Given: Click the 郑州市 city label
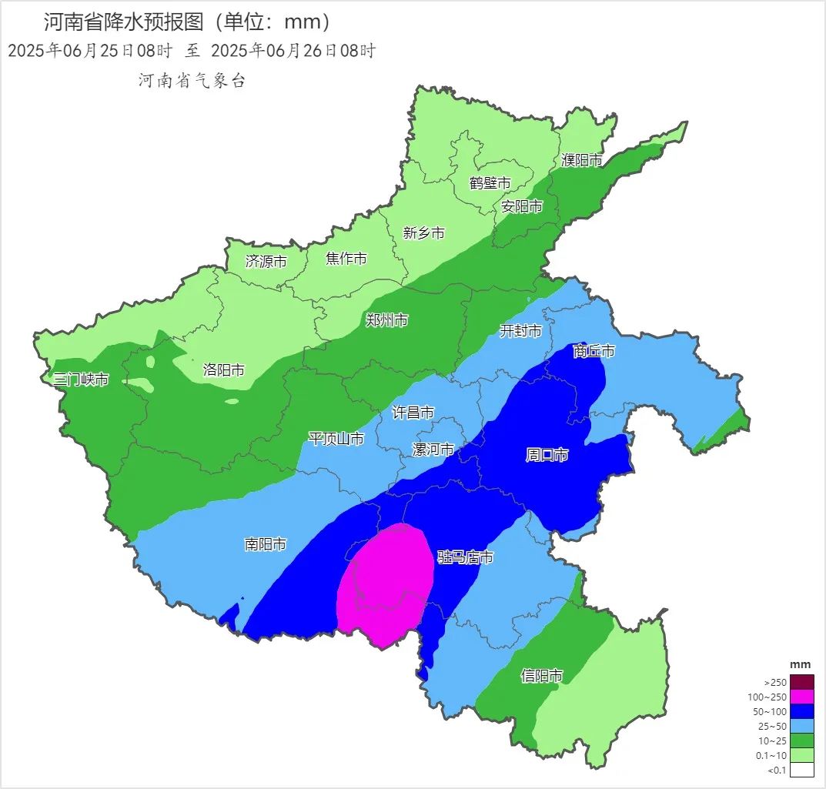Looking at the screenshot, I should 387,320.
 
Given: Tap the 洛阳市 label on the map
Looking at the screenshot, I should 224,370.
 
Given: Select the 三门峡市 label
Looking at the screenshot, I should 81,379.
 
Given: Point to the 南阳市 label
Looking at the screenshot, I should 266,544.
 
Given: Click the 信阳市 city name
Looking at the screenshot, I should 542,676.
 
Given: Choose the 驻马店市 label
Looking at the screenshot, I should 465,557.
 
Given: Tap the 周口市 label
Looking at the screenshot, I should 547,455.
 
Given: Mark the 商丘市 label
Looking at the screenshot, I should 594,351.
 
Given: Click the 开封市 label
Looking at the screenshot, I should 521,331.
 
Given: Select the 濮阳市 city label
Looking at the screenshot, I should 582,160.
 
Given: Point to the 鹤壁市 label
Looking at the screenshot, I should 490,183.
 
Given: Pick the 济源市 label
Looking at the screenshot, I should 266,262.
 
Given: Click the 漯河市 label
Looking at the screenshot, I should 434,450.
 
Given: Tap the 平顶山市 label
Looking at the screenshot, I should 336,439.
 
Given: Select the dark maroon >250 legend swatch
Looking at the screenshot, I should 801,682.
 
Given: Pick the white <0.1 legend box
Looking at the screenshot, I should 801,770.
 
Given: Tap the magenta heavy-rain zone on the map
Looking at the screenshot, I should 385,581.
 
